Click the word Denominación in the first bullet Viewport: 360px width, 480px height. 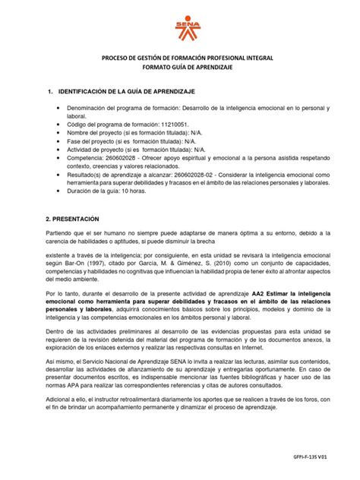coord(89,109)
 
